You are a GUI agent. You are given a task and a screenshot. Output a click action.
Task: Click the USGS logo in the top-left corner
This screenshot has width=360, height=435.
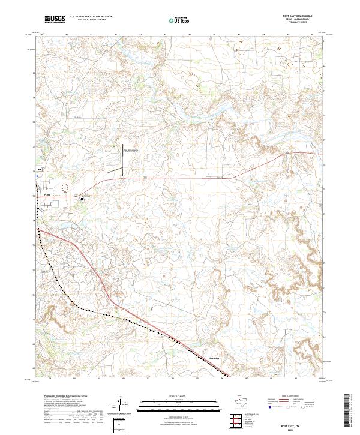click(x=55, y=20)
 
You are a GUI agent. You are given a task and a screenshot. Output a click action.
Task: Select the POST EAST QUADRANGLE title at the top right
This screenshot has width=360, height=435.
click(x=298, y=16)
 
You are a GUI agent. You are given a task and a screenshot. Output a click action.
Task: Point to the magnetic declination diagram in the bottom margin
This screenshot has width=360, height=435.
click(x=121, y=405)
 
